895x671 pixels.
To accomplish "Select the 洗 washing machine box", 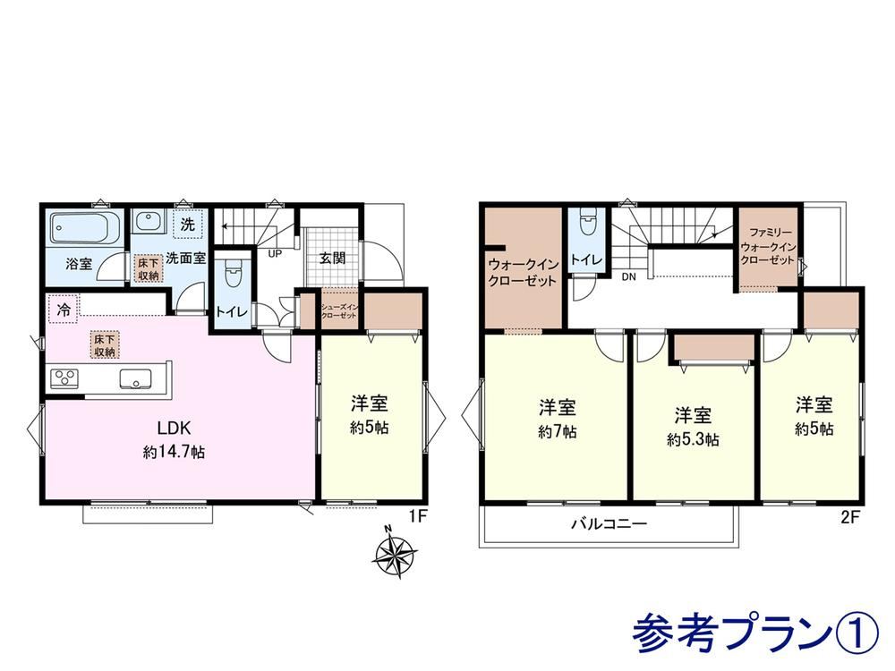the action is click(188, 225).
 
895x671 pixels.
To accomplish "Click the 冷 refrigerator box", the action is click(63, 310).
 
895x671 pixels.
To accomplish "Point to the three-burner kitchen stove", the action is click(64, 378).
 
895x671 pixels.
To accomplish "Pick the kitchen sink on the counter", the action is click(135, 378).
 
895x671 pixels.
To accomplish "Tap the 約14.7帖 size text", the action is click(174, 453).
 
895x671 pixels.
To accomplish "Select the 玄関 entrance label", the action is click(332, 259).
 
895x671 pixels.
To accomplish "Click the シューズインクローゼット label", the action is click(339, 311).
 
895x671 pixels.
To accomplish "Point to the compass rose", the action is click(394, 552).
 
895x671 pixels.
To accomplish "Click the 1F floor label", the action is click(418, 516).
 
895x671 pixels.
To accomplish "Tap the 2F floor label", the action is click(849, 517).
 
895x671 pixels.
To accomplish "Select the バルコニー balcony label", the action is click(610, 523).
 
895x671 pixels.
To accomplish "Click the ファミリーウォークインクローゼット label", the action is click(767, 247).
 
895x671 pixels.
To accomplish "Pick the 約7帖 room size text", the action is click(557, 432).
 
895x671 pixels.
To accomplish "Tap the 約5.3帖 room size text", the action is click(693, 439).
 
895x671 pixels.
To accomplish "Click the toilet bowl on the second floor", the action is click(587, 223).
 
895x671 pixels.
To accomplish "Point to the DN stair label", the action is click(628, 277).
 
